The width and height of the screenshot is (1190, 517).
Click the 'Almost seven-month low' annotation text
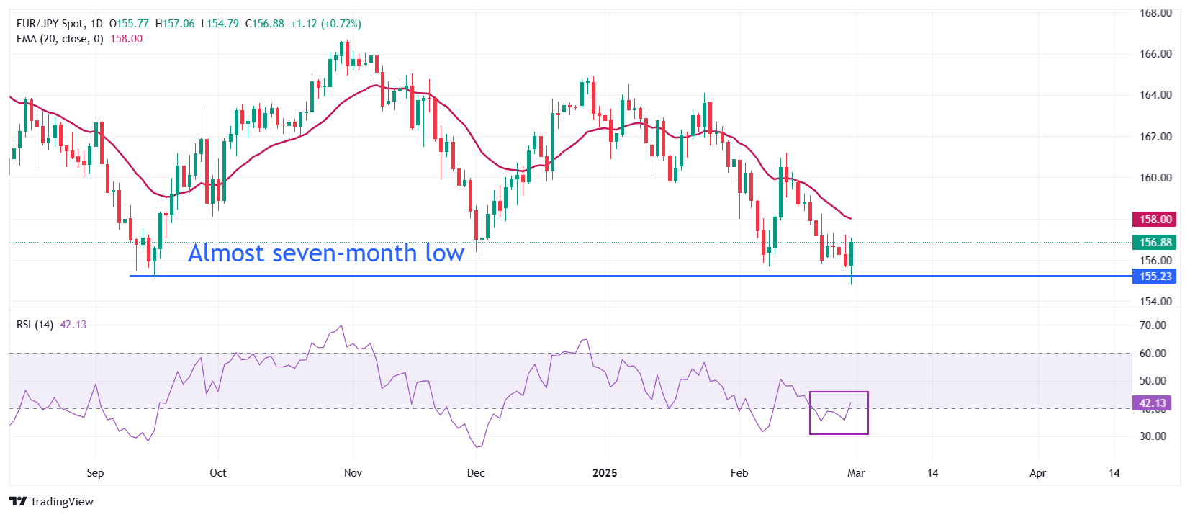click(325, 253)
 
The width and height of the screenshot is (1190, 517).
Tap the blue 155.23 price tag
click(1155, 277)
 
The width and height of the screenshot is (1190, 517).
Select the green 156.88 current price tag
click(1155, 243)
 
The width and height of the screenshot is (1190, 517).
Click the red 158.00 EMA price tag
click(1155, 220)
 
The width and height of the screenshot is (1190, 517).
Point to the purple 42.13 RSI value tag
click(1152, 403)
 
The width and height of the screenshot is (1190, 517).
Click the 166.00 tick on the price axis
click(1155, 54)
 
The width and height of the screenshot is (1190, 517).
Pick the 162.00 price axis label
click(1155, 137)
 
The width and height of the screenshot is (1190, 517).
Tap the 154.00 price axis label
click(1155, 302)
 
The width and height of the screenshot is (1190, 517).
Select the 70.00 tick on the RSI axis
click(1153, 325)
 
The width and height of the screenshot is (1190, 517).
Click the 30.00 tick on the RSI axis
click(1153, 436)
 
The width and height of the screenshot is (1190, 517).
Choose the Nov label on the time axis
click(353, 473)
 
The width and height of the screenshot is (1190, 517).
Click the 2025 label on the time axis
click(605, 473)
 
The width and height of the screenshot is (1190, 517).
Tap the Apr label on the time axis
click(1037, 473)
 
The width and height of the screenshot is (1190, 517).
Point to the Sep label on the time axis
click(95, 473)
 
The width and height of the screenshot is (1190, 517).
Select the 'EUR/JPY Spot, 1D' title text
click(60, 24)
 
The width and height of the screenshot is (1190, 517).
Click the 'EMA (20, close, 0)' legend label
click(60, 39)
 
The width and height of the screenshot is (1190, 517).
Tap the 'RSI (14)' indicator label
click(35, 325)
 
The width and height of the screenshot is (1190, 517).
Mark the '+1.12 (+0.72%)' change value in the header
click(325, 24)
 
